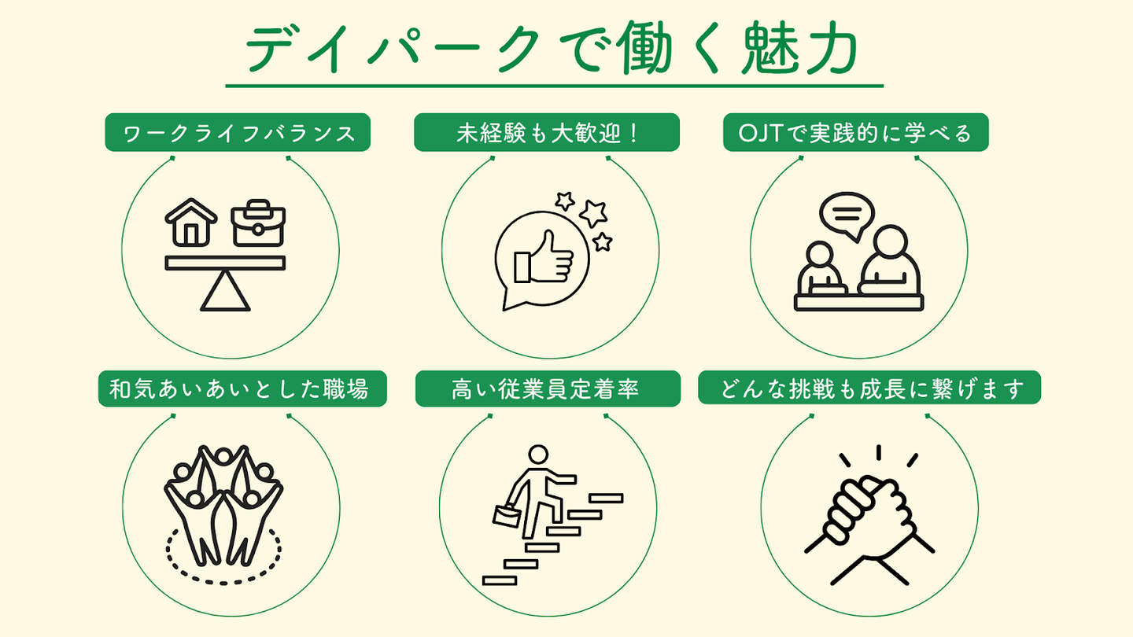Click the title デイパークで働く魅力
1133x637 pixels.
pyautogui.click(x=551, y=49)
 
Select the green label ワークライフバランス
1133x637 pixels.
pyautogui.click(x=238, y=133)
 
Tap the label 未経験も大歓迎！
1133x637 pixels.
pyautogui.click(x=547, y=133)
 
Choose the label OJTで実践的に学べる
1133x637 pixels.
pyautogui.click(x=855, y=133)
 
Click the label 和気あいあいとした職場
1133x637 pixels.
pyautogui.click(x=242, y=388)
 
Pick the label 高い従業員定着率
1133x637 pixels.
pyautogui.click(x=547, y=388)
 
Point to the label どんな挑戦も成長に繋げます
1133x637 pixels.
pyautogui.click(x=869, y=388)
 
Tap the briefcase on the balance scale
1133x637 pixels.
pyautogui.click(x=258, y=223)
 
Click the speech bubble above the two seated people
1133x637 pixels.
pyautogui.click(x=846, y=215)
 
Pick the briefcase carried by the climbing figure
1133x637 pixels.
pyautogui.click(x=506, y=515)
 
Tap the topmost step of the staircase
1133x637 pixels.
pyautogui.click(x=606, y=498)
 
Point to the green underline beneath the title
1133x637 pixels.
pyautogui.click(x=555, y=85)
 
